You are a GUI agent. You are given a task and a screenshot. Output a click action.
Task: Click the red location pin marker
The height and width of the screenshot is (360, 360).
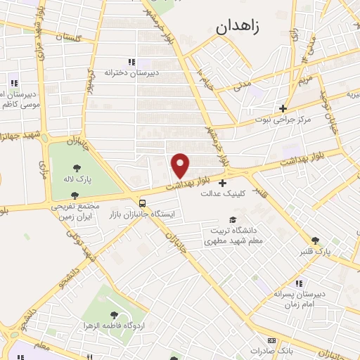(x=181, y=165)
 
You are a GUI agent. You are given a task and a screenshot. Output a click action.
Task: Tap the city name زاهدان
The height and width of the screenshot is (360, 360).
(x=235, y=27)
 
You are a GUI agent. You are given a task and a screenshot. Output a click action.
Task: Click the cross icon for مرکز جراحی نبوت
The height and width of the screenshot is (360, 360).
(x=283, y=108)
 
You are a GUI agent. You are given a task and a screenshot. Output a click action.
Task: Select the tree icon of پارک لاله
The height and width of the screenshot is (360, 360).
(x=77, y=167)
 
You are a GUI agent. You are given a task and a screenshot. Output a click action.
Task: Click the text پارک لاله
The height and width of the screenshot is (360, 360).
(x=77, y=179)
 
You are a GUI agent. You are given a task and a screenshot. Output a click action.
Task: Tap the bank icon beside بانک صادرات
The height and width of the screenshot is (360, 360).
(x=271, y=340)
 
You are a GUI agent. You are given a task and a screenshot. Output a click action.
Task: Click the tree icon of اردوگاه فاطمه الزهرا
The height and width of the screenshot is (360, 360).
(x=115, y=315)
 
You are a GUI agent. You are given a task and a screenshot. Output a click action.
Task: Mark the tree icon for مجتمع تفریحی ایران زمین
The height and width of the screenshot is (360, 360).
(x=75, y=195)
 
